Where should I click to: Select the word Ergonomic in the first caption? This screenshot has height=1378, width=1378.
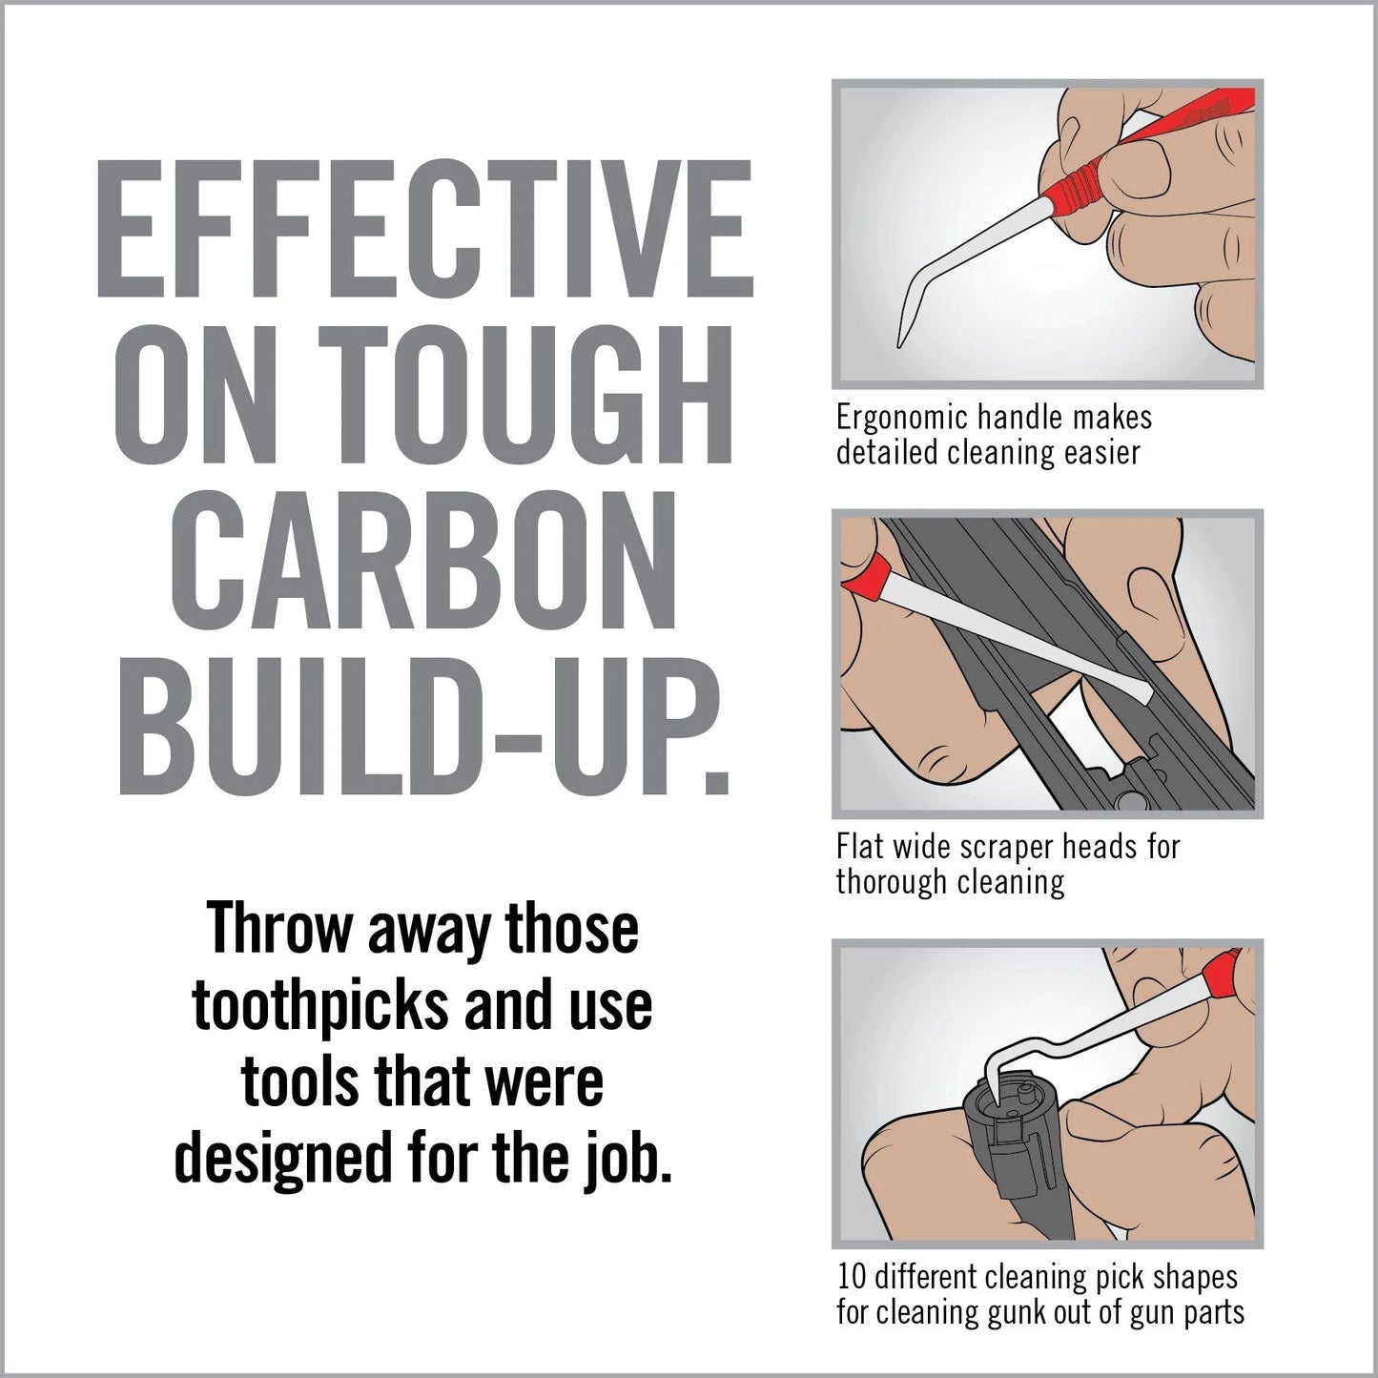(x=899, y=418)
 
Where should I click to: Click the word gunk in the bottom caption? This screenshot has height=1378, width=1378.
(x=1028, y=1312)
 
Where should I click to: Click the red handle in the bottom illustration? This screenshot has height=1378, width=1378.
(x=1221, y=973)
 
